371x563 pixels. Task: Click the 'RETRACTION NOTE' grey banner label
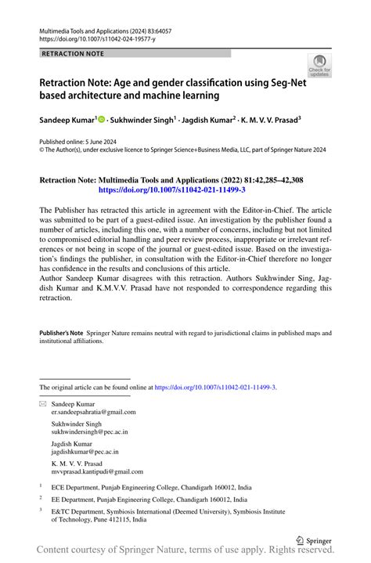(x=72, y=53)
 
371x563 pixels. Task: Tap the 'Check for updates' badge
(x=319, y=67)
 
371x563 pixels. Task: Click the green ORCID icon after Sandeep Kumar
(x=103, y=121)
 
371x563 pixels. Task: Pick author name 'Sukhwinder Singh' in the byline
(x=142, y=121)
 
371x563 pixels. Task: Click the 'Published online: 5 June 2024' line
(x=82, y=143)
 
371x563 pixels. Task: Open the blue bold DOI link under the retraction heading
(x=171, y=190)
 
